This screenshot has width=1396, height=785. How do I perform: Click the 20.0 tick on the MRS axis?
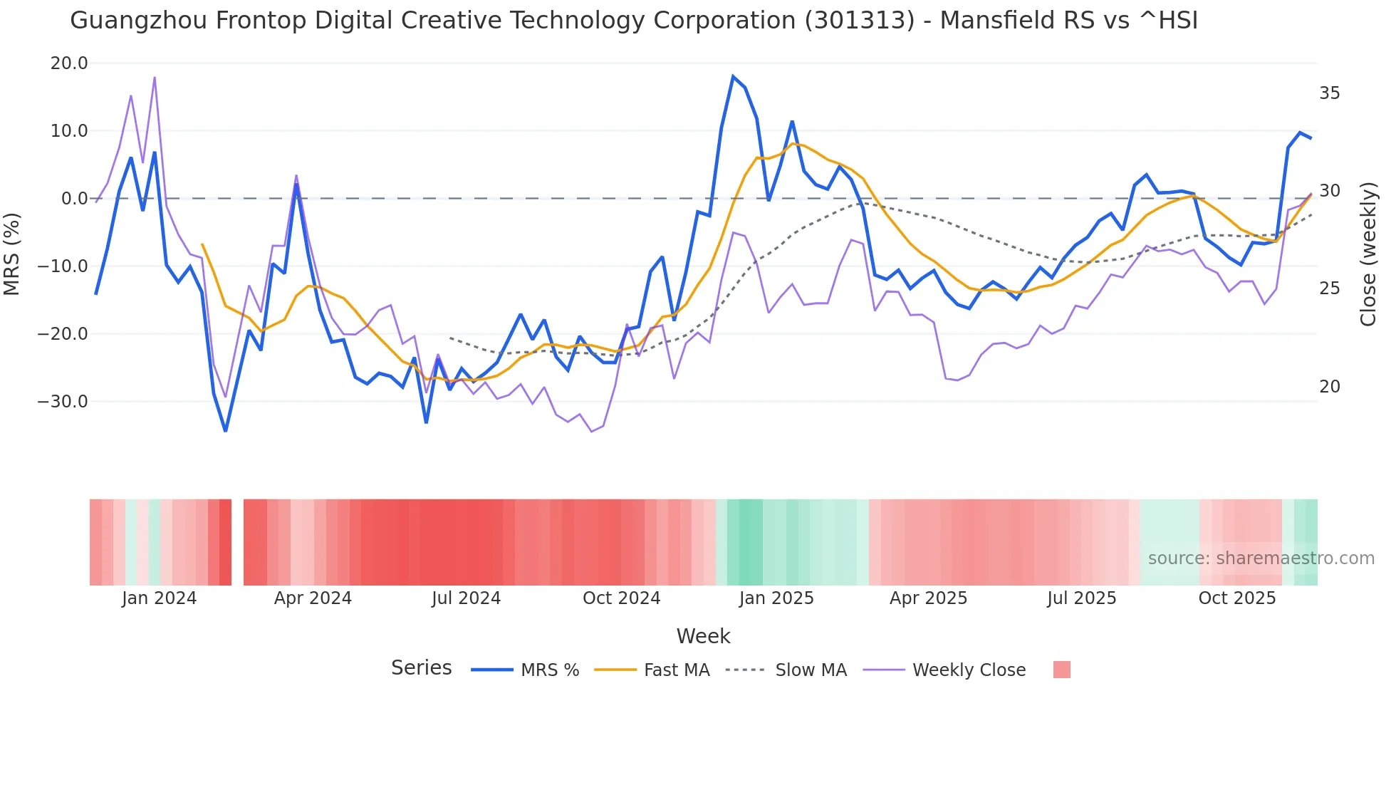[69, 63]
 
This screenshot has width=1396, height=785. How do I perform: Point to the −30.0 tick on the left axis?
[63, 402]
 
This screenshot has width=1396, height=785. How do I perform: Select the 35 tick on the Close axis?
[1329, 93]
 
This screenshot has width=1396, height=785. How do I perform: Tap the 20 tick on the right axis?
[1329, 387]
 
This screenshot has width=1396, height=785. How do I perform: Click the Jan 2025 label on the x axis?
[776, 598]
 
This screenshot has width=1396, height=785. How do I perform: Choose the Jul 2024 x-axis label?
[467, 598]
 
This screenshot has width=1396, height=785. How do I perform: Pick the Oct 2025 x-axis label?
[1237, 598]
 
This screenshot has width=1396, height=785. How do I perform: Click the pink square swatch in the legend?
[1061, 670]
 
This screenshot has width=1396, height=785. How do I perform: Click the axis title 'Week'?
[703, 636]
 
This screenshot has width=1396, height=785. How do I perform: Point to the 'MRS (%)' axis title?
[12, 254]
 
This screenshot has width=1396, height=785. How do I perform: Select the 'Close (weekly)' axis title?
[1368, 254]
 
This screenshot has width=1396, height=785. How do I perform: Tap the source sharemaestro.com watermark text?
[1261, 558]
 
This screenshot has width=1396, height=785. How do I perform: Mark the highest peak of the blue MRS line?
[733, 76]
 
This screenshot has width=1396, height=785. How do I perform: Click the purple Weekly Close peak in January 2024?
[155, 78]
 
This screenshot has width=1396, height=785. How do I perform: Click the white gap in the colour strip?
[237, 542]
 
